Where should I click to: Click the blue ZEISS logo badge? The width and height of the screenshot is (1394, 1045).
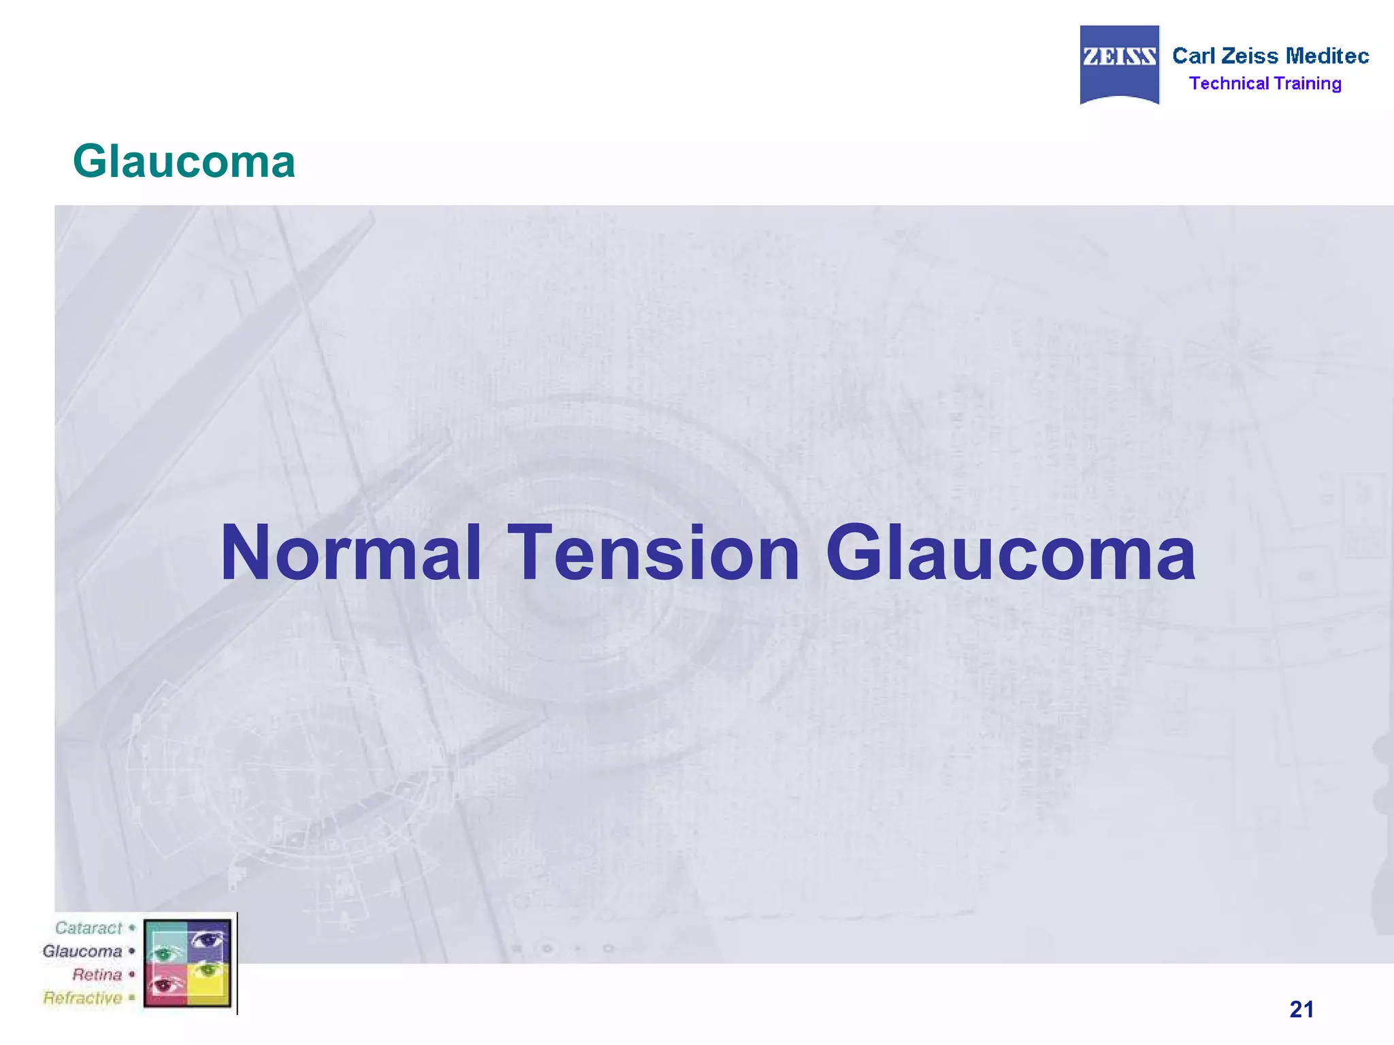[1119, 64]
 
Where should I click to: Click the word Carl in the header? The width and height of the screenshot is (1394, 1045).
[1193, 56]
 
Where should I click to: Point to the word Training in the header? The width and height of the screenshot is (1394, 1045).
[1308, 84]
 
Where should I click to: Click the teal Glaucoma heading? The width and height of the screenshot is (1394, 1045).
[184, 162]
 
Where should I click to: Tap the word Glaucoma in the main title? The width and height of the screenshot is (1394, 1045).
[1011, 554]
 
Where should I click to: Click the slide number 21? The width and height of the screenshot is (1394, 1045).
[1301, 1009]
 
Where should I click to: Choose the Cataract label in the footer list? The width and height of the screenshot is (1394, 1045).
[88, 928]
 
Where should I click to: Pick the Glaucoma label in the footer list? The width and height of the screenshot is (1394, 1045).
[82, 951]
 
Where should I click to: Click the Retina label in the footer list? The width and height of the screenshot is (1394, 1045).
[97, 974]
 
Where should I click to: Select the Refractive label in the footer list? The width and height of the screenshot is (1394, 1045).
[83, 998]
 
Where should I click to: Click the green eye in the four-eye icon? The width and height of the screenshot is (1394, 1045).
[163, 953]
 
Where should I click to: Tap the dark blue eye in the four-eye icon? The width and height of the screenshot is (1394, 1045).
[208, 940]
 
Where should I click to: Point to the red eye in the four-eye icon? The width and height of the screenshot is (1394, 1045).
[164, 984]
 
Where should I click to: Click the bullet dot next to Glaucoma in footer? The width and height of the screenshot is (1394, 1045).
[132, 951]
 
